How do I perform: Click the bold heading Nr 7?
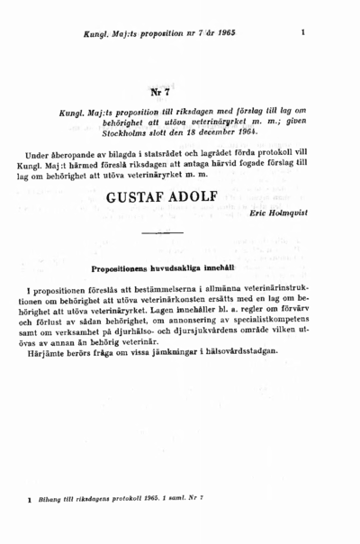tap(162, 92)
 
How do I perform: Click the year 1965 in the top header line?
tap(220, 32)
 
